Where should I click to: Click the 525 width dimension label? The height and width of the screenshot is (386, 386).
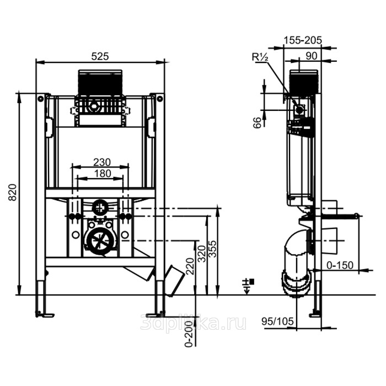tap(100, 56)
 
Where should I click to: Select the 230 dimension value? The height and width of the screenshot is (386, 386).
tap(101, 162)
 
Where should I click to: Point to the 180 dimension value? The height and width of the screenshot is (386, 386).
tap(101, 174)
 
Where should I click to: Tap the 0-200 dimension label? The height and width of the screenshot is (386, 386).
tap(190, 334)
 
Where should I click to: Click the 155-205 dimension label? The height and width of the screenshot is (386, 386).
tap(302, 40)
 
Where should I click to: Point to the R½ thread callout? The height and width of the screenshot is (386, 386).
tap(259, 56)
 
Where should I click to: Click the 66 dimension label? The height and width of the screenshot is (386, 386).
tap(257, 122)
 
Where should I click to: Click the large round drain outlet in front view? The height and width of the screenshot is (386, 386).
tap(100, 239)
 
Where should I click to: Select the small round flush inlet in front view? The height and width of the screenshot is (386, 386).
tap(100, 208)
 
